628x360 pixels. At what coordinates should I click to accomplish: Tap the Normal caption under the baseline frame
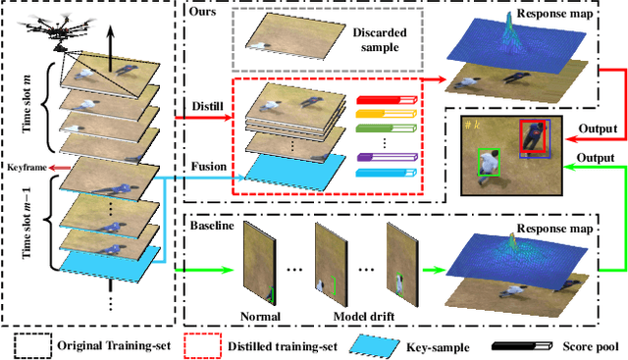point(259,316)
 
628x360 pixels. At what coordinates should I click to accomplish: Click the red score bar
point(386,101)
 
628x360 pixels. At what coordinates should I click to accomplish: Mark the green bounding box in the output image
point(487,162)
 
